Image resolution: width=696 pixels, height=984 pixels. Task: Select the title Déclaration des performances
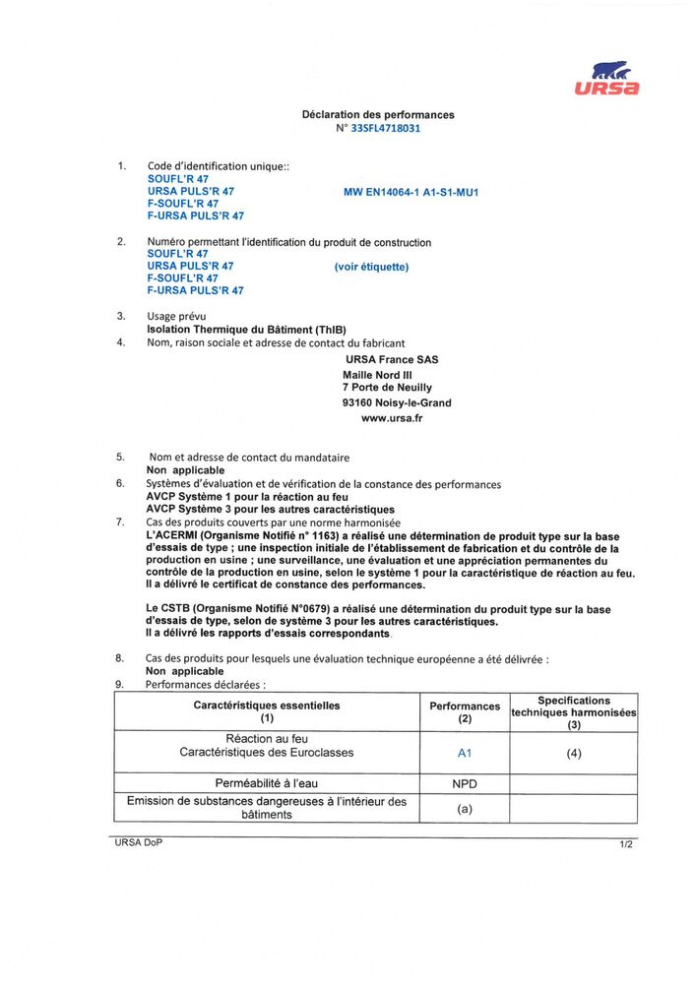coord(378,115)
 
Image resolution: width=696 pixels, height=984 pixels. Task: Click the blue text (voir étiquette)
coord(371,267)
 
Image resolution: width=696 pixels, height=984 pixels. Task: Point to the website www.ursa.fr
coord(392,417)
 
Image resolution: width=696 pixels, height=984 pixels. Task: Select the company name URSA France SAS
coord(392,359)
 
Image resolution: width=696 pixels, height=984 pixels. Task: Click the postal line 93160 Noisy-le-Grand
coord(397,402)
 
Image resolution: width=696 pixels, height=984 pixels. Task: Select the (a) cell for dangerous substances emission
coord(465,809)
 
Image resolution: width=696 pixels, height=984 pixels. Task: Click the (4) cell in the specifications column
coord(574,754)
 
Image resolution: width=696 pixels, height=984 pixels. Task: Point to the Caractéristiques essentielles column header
coord(267,711)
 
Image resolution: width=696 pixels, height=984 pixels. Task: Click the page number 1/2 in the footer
coord(626,844)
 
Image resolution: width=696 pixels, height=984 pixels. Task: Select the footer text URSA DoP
coord(137,843)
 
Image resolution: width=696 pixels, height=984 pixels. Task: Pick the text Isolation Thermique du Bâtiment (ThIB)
coord(246,330)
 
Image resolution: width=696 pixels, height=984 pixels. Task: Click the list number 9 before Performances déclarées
coord(119,683)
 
